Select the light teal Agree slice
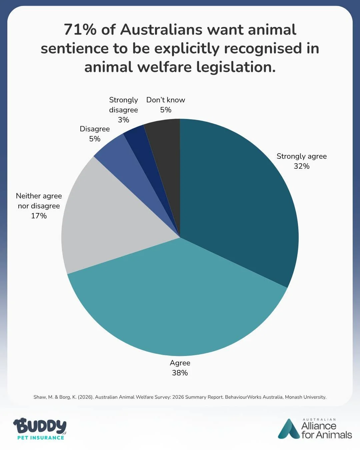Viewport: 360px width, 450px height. [x=177, y=300]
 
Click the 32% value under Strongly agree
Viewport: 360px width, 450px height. [x=301, y=166]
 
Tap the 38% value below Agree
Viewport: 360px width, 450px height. [x=180, y=373]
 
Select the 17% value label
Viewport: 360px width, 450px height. [x=39, y=216]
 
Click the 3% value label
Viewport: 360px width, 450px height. [x=123, y=120]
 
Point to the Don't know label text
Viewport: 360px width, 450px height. [x=165, y=100]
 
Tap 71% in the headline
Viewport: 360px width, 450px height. [x=80, y=29]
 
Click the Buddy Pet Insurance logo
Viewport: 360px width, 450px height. [x=40, y=428]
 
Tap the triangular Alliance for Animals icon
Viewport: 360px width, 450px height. [x=289, y=429]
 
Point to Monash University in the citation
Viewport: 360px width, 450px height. [x=305, y=397]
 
